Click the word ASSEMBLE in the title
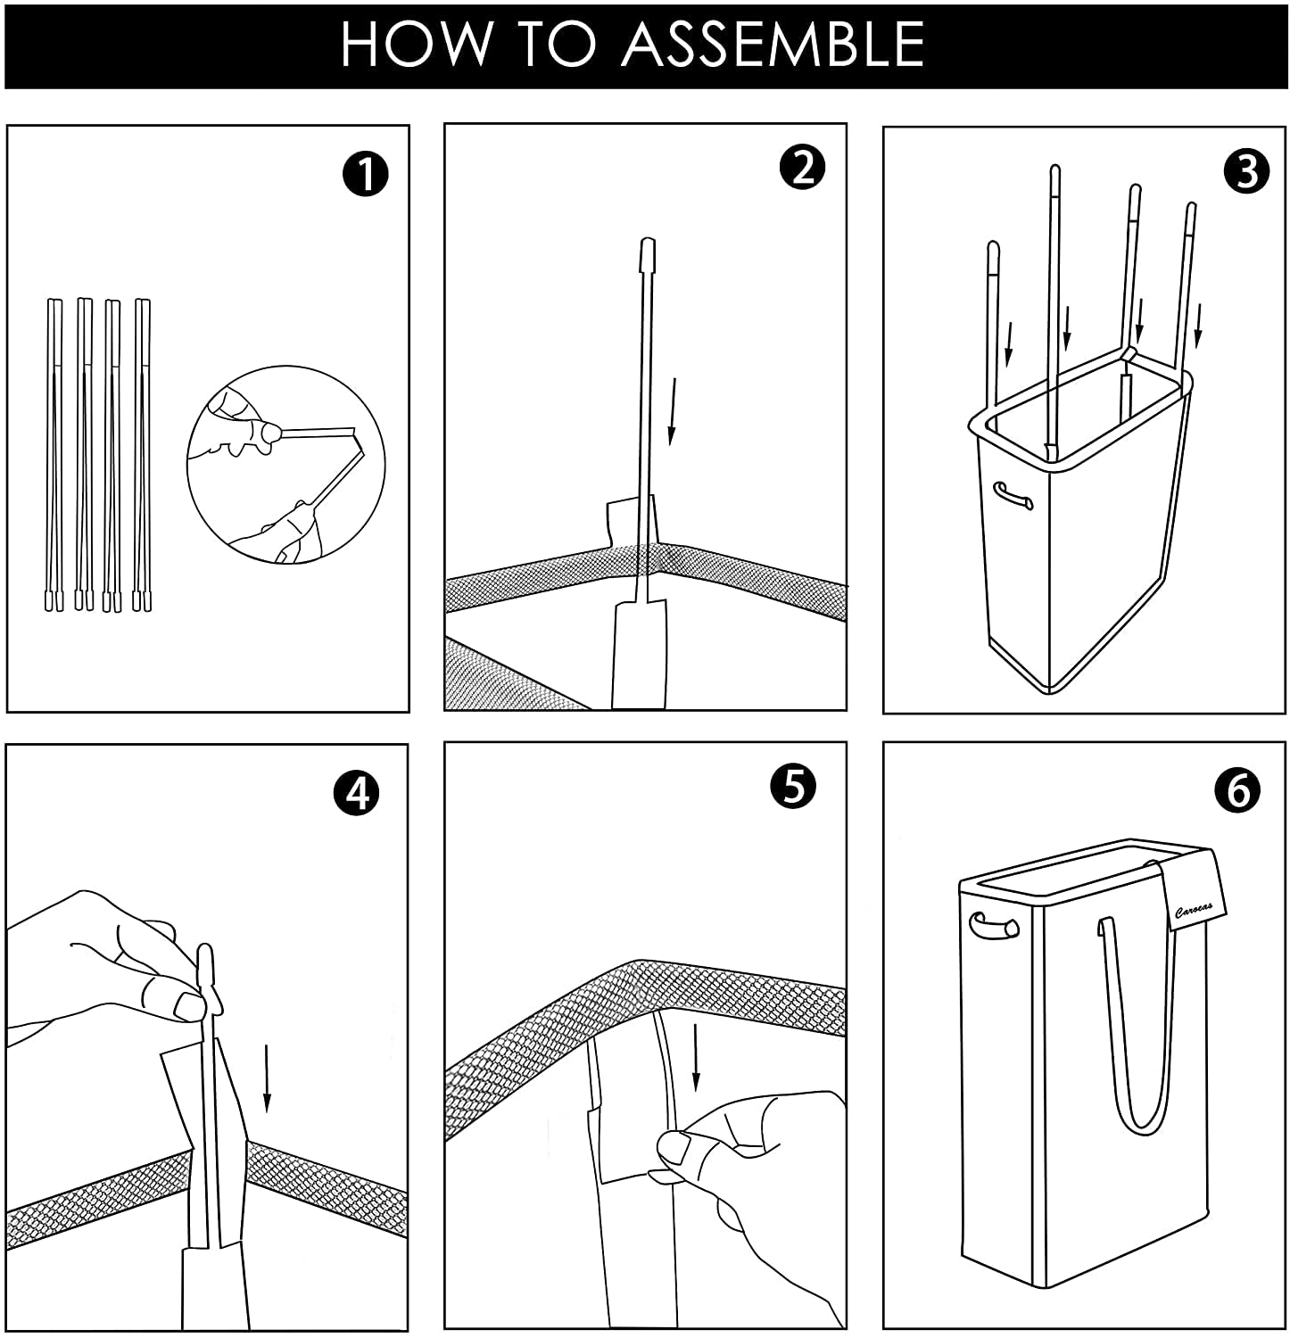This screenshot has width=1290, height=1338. tap(773, 45)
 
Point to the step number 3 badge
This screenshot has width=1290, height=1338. tap(1247, 171)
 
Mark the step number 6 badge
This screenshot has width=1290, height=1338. tap(1237, 790)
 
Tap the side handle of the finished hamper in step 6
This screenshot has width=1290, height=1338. tap(994, 925)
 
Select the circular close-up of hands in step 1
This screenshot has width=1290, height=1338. tap(285, 464)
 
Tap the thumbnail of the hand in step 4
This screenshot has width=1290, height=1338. tap(189, 1005)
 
